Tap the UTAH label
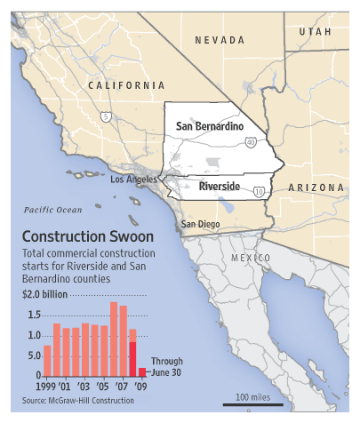[x=315, y=31]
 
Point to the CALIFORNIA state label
[x=127, y=84]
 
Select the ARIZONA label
[x=316, y=188]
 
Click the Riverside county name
[x=219, y=188]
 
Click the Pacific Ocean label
[x=52, y=210]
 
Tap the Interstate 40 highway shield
[x=252, y=141]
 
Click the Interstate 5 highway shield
[x=107, y=116]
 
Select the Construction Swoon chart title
[x=86, y=237]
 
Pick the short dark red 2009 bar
[x=141, y=371]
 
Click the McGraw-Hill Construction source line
[x=78, y=401]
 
